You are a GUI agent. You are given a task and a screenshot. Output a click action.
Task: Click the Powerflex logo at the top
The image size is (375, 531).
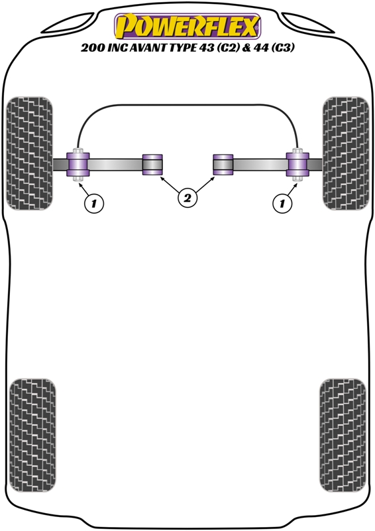tap(187, 26)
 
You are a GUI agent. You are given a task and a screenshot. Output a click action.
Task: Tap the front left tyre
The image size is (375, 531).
tap(29, 153)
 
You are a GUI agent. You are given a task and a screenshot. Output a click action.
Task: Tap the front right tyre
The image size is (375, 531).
tap(346, 153)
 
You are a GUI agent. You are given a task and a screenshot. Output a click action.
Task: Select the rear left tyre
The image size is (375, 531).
tap(32, 435)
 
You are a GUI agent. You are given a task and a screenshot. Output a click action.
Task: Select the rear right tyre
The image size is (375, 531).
tap(343, 435)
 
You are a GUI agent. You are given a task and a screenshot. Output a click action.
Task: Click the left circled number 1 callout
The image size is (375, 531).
tap(93, 203)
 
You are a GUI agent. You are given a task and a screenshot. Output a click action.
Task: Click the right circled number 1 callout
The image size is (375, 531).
tap(282, 203)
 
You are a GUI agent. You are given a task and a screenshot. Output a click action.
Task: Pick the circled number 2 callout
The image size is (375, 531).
tap(187, 197)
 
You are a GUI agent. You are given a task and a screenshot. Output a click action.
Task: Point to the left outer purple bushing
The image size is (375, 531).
tap(78, 165)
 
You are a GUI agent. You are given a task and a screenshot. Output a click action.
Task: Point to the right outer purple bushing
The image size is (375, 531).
tap(297, 165)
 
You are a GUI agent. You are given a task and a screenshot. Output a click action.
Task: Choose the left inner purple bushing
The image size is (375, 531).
tap(152, 165)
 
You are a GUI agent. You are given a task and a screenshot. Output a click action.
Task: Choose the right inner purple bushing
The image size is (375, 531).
tap(223, 165)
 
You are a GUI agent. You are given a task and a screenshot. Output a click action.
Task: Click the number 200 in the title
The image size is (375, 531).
tap(93, 47)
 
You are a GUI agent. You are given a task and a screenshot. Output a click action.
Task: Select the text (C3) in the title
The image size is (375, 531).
tap(282, 47)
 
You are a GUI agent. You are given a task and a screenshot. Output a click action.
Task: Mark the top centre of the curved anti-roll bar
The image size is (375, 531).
tap(187, 105)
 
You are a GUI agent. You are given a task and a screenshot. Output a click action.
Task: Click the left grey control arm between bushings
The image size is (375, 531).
tap(115, 165)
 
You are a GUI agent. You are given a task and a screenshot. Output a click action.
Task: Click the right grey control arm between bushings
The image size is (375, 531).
tap(260, 165)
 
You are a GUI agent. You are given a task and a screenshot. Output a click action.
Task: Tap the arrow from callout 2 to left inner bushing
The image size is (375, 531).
tap(170, 185)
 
